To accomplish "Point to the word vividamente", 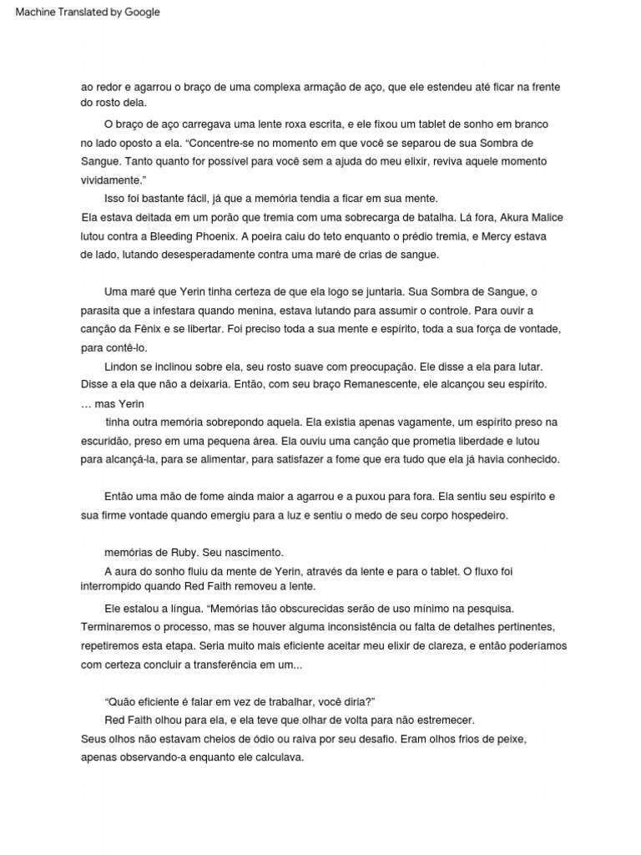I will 112,180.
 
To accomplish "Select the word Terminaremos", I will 119,628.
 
